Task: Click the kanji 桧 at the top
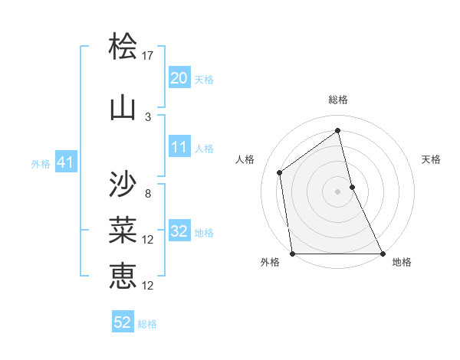123,48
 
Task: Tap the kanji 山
123,107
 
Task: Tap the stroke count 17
148,56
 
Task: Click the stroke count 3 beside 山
148,116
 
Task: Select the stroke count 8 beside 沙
148,193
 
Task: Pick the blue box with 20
179,78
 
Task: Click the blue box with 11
179,147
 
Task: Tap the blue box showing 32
179,231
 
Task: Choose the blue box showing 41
65,162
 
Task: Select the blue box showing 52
123,322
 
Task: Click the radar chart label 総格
338,100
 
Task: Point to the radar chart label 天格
431,159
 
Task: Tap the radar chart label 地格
402,262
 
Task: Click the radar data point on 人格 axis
280,172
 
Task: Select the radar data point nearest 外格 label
292,254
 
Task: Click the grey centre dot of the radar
338,191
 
